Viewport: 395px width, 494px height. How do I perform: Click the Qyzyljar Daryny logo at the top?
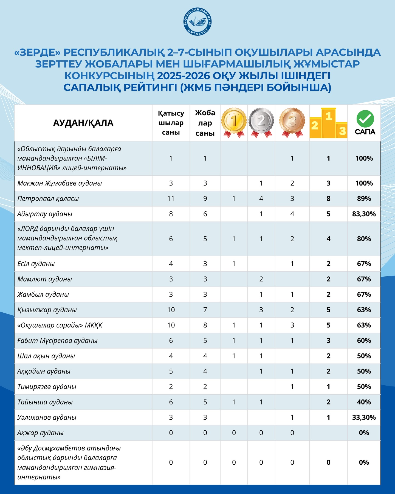pos(198,22)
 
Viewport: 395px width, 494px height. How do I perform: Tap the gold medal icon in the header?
pos(234,122)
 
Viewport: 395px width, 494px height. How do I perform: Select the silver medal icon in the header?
pos(261,122)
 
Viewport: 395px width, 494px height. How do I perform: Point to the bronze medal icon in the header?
pos(292,122)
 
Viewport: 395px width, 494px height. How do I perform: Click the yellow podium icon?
pos(328,123)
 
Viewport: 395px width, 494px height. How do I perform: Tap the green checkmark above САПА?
pos(365,119)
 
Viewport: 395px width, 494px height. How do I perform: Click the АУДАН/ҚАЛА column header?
pos(83,123)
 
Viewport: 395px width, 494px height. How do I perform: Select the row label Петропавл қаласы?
pos(48,199)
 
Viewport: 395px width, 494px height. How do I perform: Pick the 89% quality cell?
pos(364,199)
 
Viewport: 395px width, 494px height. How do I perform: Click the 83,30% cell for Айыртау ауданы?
pos(364,214)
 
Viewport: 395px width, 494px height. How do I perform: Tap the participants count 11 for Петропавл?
pos(171,199)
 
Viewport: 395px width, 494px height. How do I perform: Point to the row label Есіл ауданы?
pos(36,264)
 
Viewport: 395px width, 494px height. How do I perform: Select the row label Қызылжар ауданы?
pos(47,310)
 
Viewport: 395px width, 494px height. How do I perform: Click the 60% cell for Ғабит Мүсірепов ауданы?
pos(364,341)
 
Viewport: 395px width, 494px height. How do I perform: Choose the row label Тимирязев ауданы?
pos(47,387)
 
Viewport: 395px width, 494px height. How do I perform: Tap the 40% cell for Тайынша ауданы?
pos(364,402)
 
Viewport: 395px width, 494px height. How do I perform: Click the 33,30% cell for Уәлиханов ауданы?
pos(364,417)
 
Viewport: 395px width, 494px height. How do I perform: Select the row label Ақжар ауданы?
pos(40,433)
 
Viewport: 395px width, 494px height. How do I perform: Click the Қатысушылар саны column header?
pos(171,123)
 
